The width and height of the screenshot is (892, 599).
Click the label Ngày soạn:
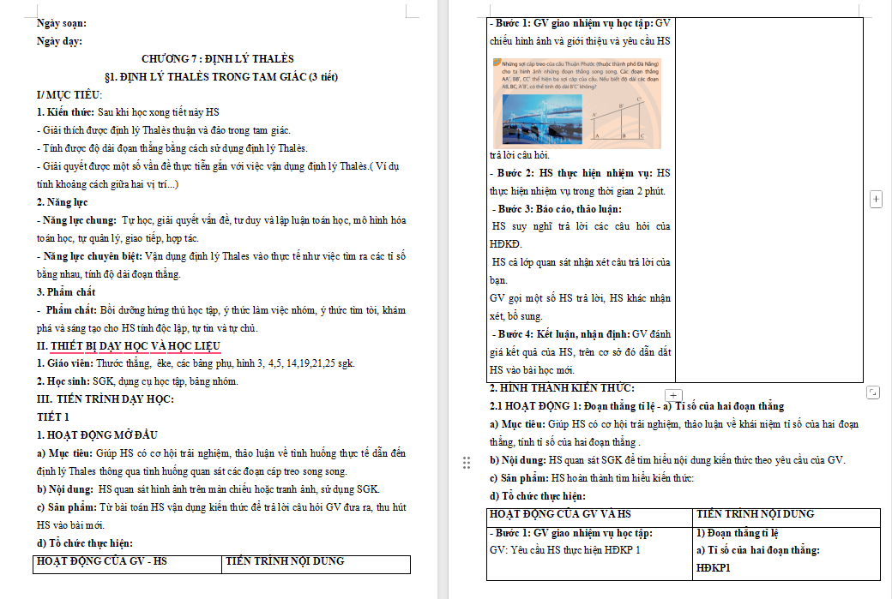pyautogui.click(x=62, y=23)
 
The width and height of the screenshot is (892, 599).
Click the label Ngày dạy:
pyautogui.click(x=60, y=40)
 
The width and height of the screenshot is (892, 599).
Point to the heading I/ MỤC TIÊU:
pyautogui.click(x=69, y=94)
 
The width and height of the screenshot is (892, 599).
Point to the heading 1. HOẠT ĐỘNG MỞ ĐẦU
pyautogui.click(x=97, y=435)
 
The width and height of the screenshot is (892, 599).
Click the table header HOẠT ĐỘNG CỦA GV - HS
pyautogui.click(x=101, y=561)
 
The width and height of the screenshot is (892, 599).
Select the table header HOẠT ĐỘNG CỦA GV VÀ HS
pyautogui.click(x=559, y=514)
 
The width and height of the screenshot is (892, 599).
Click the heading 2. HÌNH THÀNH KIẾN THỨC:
pyautogui.click(x=561, y=388)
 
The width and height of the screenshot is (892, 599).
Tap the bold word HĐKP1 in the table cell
pyautogui.click(x=714, y=567)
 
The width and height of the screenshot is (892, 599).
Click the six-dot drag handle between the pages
pyautogui.click(x=467, y=463)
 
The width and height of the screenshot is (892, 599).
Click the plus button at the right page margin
pyautogui.click(x=876, y=199)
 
